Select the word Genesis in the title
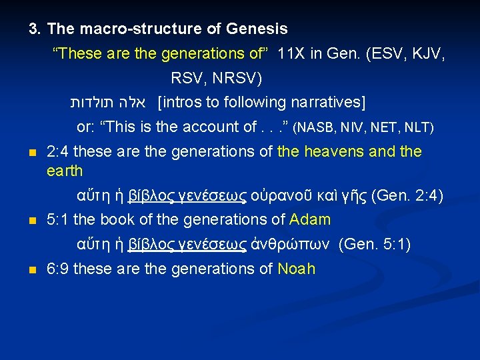[x=257, y=29]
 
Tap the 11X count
[x=291, y=54]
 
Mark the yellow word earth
[x=65, y=171]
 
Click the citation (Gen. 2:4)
[x=407, y=195]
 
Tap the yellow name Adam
[x=310, y=220]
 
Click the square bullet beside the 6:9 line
[x=31, y=270]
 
